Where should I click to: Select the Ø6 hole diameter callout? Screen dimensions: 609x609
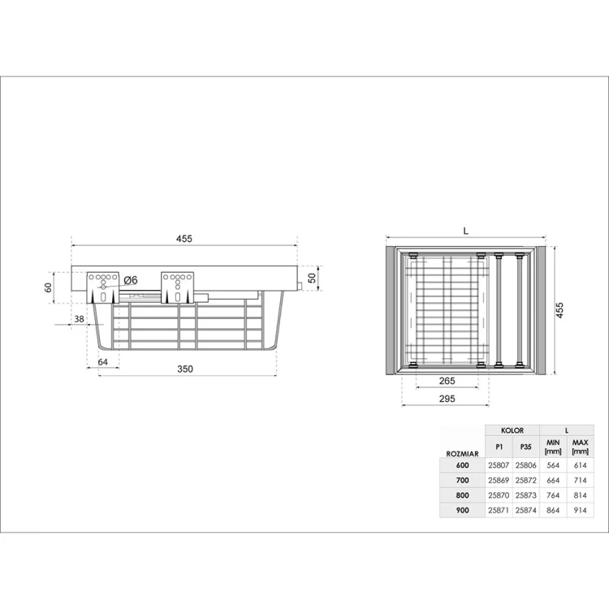tap(131, 280)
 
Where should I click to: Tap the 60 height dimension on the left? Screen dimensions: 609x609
tap(49, 287)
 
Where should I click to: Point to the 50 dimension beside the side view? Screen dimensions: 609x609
tap(312, 279)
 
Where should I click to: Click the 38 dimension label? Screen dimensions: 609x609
tap(79, 319)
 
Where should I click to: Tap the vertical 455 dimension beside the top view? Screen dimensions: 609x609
tap(559, 311)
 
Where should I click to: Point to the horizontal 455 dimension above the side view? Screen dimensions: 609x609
tap(184, 239)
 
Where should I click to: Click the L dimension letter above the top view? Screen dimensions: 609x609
tap(465, 231)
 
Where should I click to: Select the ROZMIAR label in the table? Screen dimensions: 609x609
tap(462, 453)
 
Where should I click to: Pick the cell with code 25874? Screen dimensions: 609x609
tap(526, 510)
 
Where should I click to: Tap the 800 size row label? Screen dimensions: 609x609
tap(463, 495)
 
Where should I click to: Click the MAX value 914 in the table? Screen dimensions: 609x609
tap(580, 510)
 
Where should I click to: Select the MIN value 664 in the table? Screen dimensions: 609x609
tap(554, 480)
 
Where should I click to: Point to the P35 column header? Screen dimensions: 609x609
tap(526, 447)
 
